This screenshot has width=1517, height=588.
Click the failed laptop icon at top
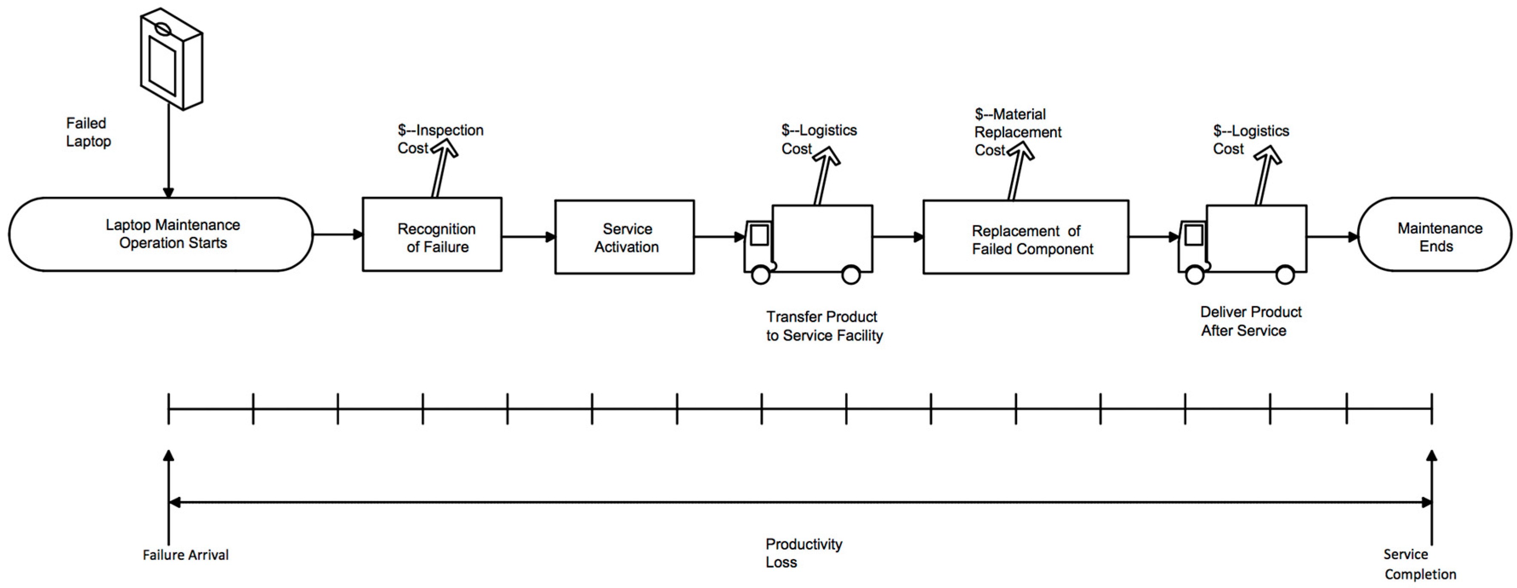[171, 59]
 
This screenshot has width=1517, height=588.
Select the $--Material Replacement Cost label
[1017, 132]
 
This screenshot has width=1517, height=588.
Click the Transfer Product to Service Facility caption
[824, 326]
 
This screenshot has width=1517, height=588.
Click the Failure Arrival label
[185, 554]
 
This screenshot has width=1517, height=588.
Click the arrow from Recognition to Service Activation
[528, 237]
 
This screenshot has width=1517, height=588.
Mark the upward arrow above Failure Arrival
[169, 495]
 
